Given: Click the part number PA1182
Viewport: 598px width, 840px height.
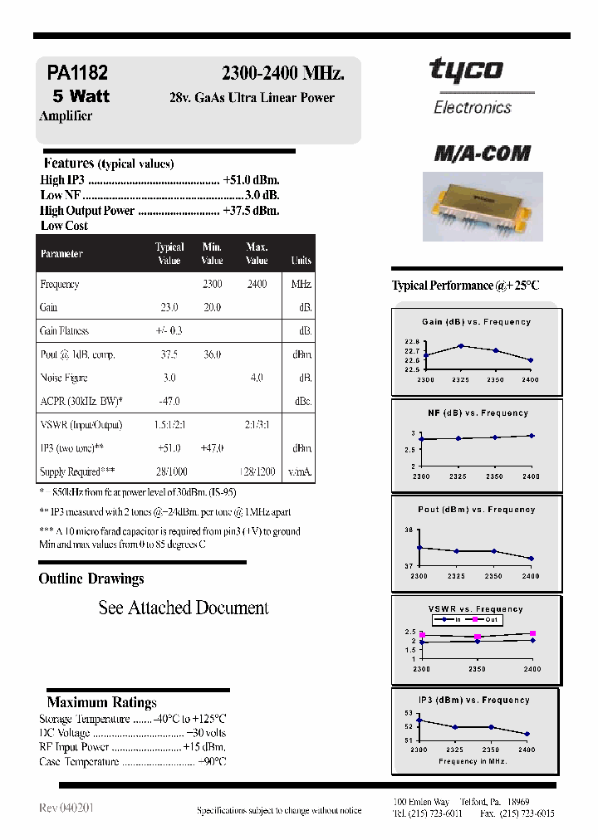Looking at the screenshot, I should [77, 74].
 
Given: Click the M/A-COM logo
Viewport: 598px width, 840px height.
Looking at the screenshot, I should [482, 154].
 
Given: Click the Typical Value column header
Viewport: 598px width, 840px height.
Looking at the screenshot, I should [169, 253].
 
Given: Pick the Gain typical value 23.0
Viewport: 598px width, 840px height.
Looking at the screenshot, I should [169, 307].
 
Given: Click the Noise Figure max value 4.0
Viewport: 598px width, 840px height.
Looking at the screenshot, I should [257, 378].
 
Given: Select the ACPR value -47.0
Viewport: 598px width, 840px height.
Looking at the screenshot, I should [169, 402].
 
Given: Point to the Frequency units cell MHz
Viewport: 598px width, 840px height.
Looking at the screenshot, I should [301, 284].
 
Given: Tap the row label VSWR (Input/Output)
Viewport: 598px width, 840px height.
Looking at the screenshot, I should [81, 425].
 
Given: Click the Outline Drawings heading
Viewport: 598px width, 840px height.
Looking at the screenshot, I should [91, 579].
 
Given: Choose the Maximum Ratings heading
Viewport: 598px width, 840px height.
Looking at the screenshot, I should [101, 702].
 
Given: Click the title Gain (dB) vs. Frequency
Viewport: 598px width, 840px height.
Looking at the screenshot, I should [477, 322].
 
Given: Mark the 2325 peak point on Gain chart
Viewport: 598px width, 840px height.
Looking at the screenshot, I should [460, 345].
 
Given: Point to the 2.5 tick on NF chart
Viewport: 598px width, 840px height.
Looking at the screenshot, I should [409, 450].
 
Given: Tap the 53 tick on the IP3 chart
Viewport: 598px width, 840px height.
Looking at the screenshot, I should [408, 713].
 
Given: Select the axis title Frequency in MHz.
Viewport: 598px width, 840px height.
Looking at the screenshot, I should [472, 761].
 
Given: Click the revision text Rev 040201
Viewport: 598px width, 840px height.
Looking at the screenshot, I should [66, 808].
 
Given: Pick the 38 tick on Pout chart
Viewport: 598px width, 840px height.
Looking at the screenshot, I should [409, 530].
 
